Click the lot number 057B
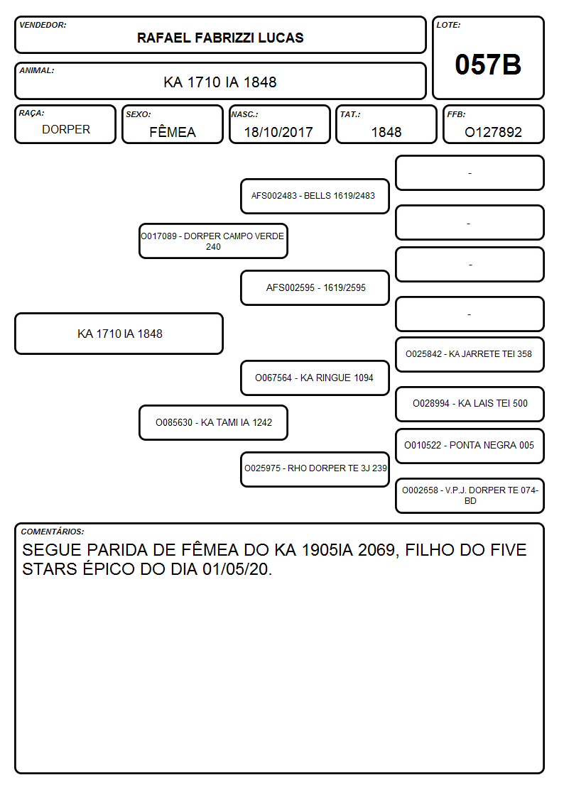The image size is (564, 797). point(488,65)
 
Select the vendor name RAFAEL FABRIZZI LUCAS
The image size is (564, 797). point(220,38)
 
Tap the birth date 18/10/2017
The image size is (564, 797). point(278,132)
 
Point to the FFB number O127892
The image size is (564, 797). point(493,132)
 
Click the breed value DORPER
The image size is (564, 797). point(66,130)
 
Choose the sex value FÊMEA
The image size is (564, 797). point(173,131)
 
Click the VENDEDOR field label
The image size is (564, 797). point(43,25)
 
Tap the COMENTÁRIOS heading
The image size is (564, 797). point(53,532)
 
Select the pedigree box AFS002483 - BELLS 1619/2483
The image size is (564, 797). point(315,196)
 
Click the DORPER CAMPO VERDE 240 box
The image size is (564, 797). point(213,241)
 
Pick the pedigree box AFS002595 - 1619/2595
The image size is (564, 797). point(315,287)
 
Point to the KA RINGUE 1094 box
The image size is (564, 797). point(315,378)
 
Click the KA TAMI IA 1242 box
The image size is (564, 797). point(213,422)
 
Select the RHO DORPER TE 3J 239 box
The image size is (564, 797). point(315,469)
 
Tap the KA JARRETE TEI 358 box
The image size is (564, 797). point(470,354)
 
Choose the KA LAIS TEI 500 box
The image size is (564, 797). point(470,404)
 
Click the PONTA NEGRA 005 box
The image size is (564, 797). point(470,446)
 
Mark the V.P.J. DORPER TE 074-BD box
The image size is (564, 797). point(470,495)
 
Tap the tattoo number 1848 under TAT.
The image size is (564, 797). point(386,132)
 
